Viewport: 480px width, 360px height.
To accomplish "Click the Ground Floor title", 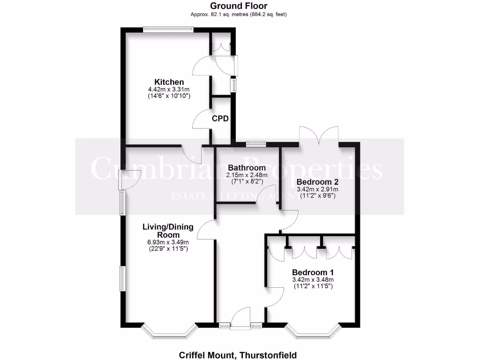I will (x=239, y=6).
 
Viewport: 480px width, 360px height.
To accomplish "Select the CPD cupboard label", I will (x=220, y=119).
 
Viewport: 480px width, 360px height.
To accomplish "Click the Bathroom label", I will (x=247, y=168).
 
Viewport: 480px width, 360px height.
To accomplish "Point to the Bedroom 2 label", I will (x=317, y=182).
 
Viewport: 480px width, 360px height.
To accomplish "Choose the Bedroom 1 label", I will (x=313, y=272).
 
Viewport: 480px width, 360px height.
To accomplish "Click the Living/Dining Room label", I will (x=168, y=231).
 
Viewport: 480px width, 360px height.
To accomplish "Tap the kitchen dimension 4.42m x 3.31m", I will (x=169, y=89).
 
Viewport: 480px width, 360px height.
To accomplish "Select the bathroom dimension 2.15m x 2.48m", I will (x=247, y=175).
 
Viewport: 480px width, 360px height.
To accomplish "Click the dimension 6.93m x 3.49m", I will (x=168, y=242).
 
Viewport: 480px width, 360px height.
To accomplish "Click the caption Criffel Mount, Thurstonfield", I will (x=238, y=355).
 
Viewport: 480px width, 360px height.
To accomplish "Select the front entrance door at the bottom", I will (x=243, y=319).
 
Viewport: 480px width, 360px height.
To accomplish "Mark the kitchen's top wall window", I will (x=168, y=29).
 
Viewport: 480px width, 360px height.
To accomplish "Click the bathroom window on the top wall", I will (x=256, y=143).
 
